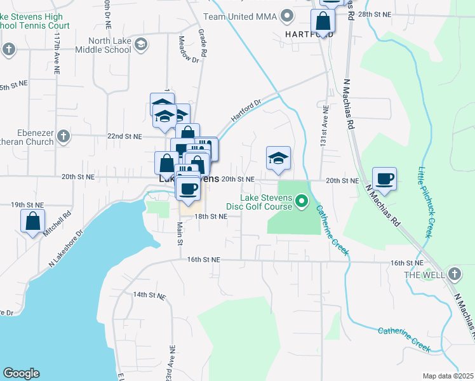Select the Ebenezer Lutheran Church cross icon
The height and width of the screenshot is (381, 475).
pos(62,136)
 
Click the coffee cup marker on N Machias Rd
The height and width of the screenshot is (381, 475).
pos(384,179)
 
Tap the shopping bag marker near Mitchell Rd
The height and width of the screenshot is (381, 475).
pos(32,222)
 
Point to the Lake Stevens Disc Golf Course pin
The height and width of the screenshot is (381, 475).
pos(302,202)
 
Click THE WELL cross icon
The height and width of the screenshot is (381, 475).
pos(453,274)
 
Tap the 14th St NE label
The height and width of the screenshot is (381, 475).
pos(148,295)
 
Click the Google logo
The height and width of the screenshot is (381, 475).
pos(21,373)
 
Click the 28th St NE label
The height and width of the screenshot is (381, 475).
pos(375,13)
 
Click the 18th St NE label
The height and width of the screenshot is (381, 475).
pos(210,217)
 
